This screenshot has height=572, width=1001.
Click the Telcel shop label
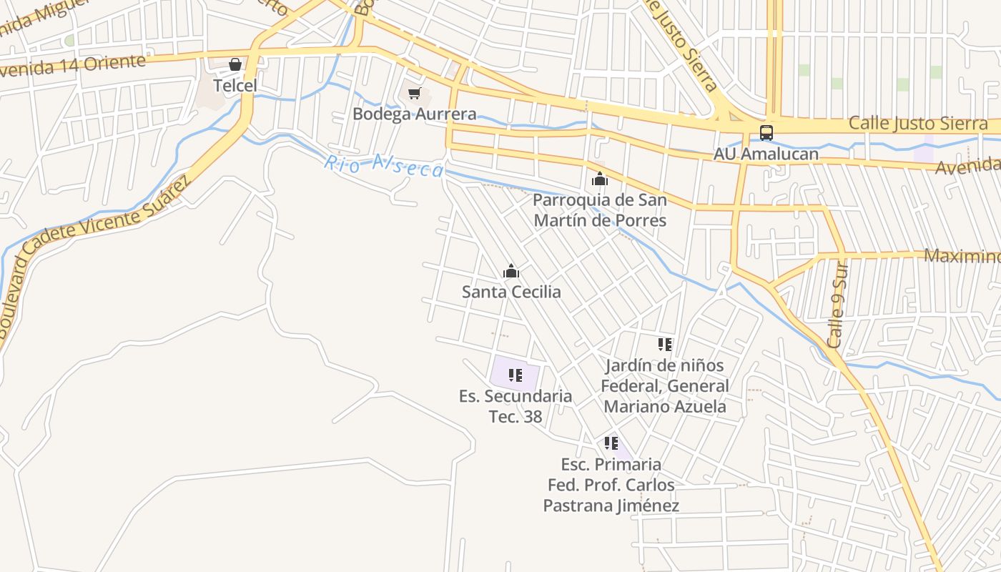[235, 86]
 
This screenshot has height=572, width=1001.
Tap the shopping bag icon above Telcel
[235, 65]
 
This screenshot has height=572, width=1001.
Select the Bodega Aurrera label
[415, 114]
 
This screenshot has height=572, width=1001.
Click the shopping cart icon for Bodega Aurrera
[415, 94]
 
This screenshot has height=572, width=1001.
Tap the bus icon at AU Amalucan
[766, 132]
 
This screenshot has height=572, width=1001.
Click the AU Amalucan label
[766, 154]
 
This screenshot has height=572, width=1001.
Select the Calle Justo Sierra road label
[918, 124]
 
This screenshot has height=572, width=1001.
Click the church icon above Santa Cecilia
[511, 271]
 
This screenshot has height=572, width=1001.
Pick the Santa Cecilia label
[511, 292]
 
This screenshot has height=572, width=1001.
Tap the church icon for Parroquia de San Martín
[600, 179]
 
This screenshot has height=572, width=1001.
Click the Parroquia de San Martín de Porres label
[600, 209]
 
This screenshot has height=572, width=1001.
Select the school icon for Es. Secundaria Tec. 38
[516, 375]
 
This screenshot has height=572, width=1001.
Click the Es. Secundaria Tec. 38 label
[516, 406]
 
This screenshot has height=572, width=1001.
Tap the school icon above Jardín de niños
[665, 345]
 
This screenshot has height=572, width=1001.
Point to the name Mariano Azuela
[665, 407]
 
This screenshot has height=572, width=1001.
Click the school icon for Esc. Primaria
[611, 443]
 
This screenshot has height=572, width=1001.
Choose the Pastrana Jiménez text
[611, 506]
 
